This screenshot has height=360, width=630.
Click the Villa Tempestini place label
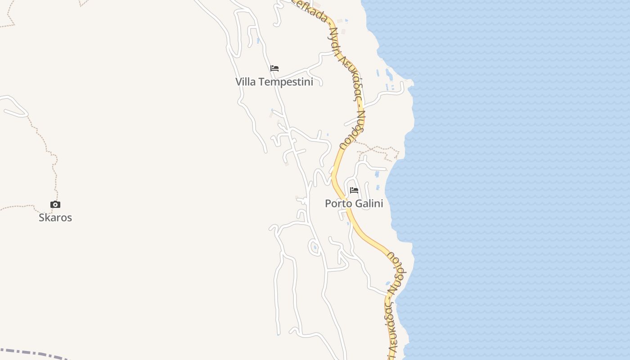click(x=274, y=82)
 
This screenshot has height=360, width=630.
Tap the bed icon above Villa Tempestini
click(x=274, y=68)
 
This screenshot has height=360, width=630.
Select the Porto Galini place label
click(x=354, y=203)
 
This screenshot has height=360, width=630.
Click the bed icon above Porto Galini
click(x=354, y=190)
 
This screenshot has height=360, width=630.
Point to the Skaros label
click(x=55, y=218)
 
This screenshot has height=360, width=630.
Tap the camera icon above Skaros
click(x=55, y=205)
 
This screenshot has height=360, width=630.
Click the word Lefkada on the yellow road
click(x=310, y=10)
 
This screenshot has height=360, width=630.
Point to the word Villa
click(x=246, y=82)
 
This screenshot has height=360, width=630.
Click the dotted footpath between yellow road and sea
click(x=378, y=148)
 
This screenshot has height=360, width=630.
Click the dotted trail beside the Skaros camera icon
click(x=53, y=180)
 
